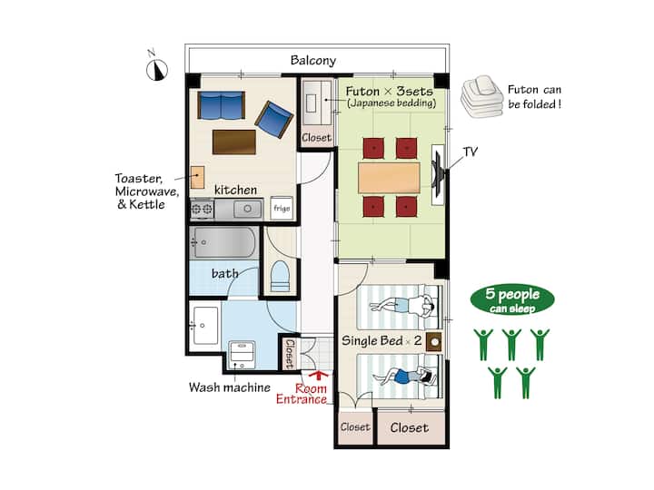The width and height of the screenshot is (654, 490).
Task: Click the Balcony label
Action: click(312, 61)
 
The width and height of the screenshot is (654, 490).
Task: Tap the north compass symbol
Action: click(157, 70)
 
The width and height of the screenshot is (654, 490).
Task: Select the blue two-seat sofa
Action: click(221, 105)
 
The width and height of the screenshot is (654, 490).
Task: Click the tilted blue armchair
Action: click(274, 120)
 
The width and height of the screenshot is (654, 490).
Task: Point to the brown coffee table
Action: click(234, 142)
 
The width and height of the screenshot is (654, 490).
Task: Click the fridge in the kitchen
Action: click(282, 208)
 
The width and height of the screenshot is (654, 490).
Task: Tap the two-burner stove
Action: click(202, 209)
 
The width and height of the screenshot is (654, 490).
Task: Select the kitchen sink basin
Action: click(247, 209)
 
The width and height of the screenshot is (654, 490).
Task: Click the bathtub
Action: click(223, 242)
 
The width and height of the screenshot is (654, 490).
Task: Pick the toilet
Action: click(280, 276)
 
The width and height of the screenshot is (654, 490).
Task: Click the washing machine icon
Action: click(243, 355)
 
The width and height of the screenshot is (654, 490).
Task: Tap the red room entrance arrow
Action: click(319, 375)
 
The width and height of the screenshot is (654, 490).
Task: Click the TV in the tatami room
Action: click(438, 174)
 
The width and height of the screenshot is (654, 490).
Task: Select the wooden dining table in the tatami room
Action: click(389, 178)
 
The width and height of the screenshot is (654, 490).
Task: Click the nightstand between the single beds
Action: click(434, 342)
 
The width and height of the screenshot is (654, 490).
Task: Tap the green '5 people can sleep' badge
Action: click(512, 299)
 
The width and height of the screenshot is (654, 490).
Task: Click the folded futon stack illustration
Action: click(481, 97)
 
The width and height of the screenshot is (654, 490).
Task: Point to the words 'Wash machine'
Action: click(230, 387)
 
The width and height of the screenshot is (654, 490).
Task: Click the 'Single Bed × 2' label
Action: click(381, 341)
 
